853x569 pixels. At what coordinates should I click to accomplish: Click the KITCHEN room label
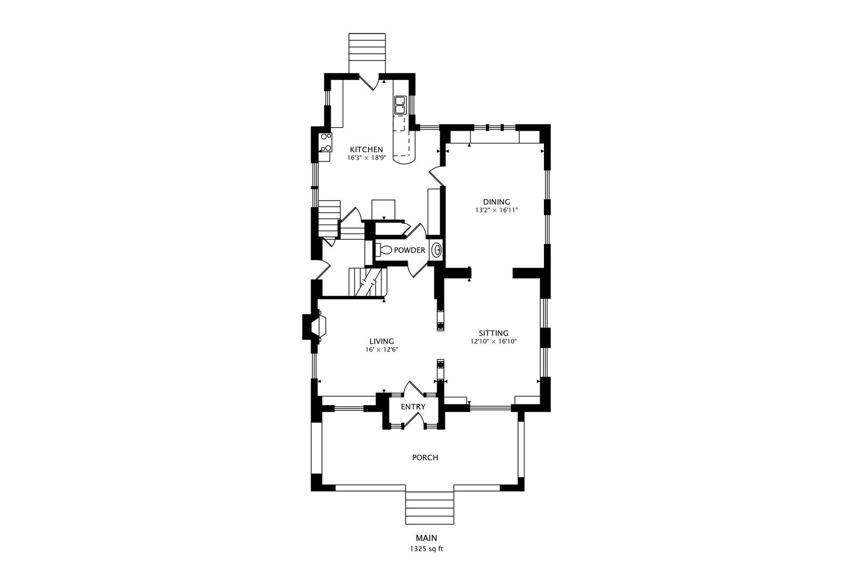pos(366,150)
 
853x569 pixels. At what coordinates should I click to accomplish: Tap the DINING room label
pos(496,202)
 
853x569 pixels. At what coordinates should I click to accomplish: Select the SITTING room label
pos(493,333)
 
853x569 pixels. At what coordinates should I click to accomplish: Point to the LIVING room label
pos(382,341)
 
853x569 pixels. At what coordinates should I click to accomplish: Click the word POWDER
pos(409,250)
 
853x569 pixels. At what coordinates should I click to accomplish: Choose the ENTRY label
pos(413,407)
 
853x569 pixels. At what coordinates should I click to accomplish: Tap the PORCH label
pos(425,457)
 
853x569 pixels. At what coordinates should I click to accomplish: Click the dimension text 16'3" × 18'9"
pos(366,158)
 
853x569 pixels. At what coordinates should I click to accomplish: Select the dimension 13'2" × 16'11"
pos(497,210)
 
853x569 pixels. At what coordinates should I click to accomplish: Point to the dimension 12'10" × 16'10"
pos(493,341)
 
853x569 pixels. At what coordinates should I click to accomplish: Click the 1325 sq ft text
pos(426,549)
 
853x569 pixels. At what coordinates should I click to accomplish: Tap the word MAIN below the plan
pos(426,538)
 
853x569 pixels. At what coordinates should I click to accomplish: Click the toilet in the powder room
pos(384,250)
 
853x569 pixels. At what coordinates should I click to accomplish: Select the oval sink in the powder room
pos(437,250)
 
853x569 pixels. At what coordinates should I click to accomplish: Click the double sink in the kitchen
pos(400,105)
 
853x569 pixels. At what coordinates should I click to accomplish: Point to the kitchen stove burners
pos(326,142)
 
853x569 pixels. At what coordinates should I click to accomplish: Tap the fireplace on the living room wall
pos(314,327)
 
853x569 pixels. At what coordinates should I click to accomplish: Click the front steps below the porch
pos(430,508)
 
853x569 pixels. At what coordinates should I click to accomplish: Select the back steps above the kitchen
pos(367,53)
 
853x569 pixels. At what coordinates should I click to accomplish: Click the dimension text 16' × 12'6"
pos(382,349)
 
